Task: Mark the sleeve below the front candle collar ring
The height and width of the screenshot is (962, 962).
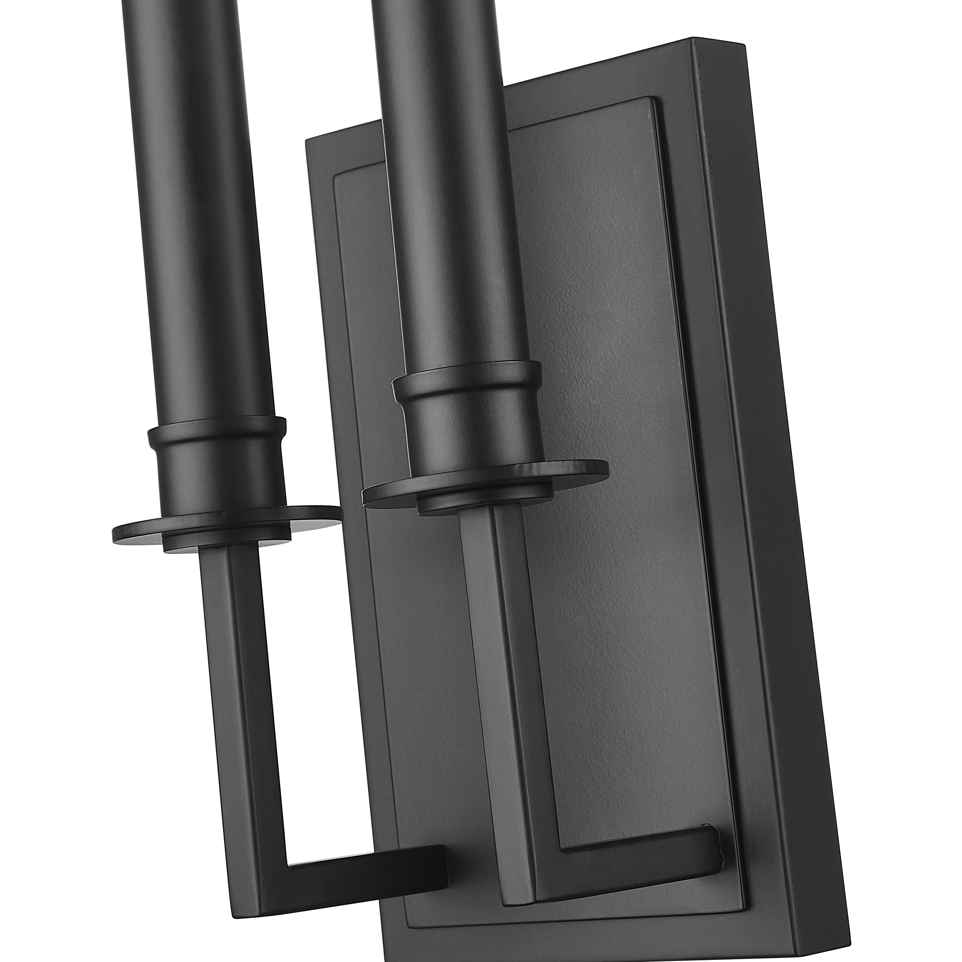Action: (x=219, y=473)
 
